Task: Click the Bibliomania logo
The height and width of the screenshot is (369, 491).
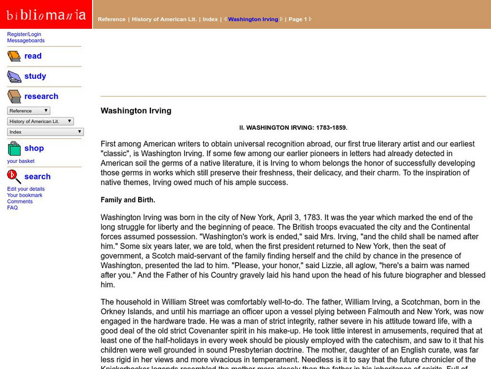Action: coord(46,14)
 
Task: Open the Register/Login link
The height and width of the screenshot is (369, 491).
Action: coord(25,34)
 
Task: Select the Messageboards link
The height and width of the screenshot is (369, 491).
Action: coord(26,41)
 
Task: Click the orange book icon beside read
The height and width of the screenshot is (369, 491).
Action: coord(14,57)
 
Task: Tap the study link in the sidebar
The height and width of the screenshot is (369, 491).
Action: coord(35,76)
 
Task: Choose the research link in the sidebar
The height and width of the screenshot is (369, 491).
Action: coord(41,97)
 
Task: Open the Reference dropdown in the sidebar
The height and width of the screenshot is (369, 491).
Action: coord(29,111)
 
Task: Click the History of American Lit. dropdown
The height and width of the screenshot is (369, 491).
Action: coord(41,121)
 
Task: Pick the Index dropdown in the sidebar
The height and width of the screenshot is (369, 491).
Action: coord(45,132)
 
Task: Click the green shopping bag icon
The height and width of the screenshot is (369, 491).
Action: coord(14,149)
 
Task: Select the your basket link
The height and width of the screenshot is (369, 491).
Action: coord(21,161)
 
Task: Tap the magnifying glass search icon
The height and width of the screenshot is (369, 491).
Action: coord(14,177)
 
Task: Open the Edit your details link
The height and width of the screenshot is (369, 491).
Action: coord(26,189)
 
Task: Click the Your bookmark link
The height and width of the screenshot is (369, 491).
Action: coord(25,195)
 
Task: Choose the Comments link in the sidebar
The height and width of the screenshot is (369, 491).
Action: coord(20,201)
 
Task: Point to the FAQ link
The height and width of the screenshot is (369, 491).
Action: coord(12,207)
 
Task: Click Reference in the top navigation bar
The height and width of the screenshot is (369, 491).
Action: coord(111,19)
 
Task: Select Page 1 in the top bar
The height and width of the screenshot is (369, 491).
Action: coord(298,19)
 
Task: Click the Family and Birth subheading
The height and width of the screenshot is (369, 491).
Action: coord(128,200)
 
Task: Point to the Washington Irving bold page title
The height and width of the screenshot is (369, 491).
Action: coord(136,111)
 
